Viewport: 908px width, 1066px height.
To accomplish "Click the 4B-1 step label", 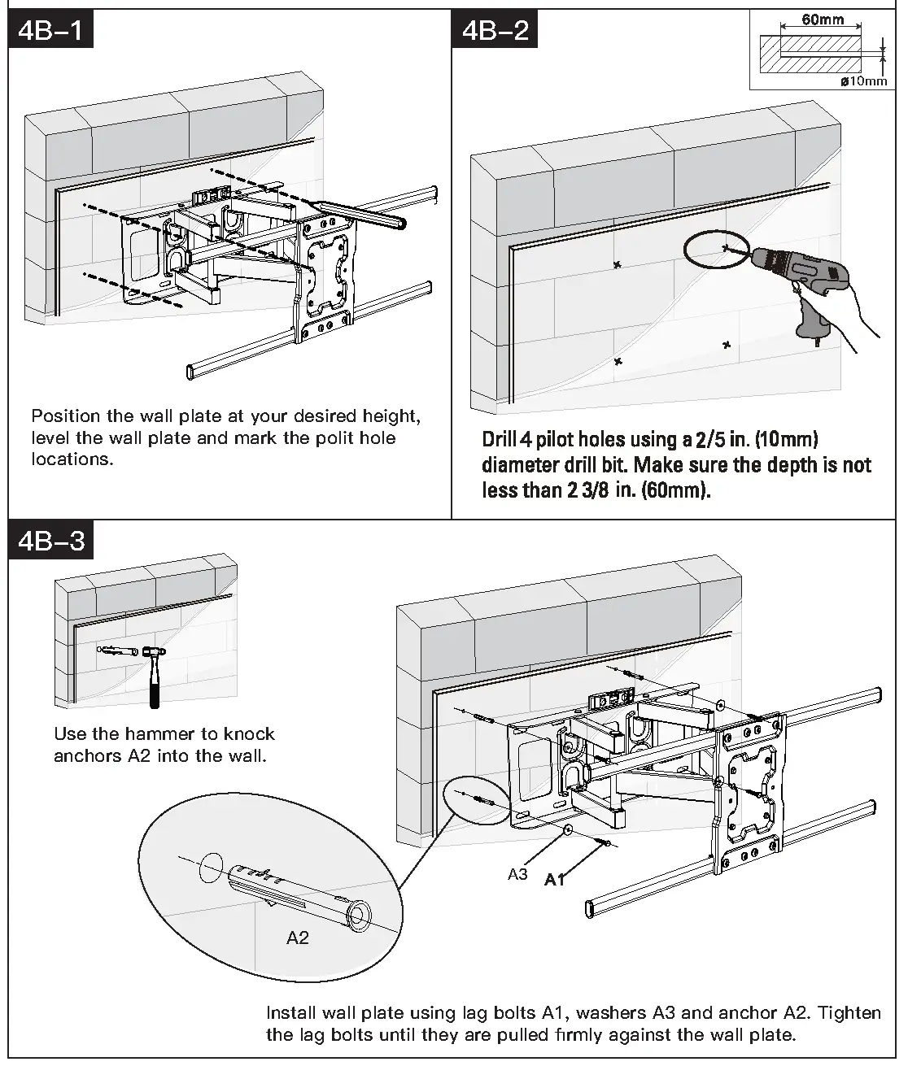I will [51, 32].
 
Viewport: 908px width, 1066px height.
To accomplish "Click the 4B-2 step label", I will [495, 32].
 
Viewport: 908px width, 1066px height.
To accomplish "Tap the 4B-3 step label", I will [51, 541].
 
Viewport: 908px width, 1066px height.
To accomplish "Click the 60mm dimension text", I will [823, 20].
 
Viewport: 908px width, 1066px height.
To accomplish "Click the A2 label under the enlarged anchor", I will [298, 938].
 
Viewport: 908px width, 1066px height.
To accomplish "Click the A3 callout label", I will [518, 874].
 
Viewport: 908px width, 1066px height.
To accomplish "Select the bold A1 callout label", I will [555, 879].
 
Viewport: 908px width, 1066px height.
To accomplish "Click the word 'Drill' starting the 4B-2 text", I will [499, 440].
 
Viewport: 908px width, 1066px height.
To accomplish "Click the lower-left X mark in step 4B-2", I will [618, 360].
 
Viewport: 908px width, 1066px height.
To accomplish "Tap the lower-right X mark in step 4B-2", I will [726, 345].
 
